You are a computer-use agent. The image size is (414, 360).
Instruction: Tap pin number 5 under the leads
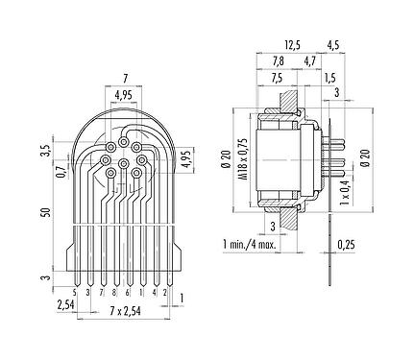(75, 290)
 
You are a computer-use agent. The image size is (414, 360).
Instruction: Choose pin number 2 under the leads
(166, 290)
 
